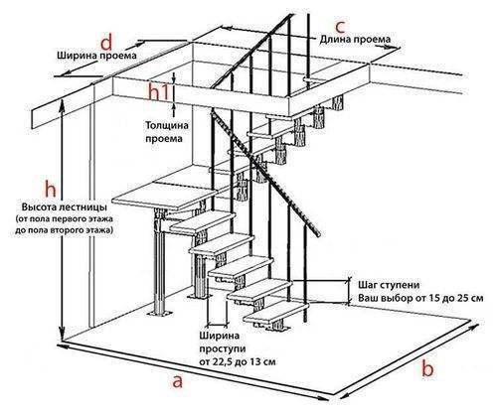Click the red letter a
[178, 381]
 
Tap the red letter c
[340, 26]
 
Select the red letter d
[106, 43]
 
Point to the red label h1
[159, 91]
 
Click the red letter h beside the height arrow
[51, 190]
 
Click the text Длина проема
[355, 39]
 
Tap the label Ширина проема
[96, 55]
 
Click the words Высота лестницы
[65, 208]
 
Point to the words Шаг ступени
[389, 285]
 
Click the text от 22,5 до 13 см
[237, 361]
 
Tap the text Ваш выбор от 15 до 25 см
[420, 298]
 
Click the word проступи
[223, 349]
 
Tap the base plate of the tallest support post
[160, 313]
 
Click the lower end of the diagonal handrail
[317, 233]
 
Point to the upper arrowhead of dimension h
[62, 102]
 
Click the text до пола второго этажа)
[64, 230]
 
